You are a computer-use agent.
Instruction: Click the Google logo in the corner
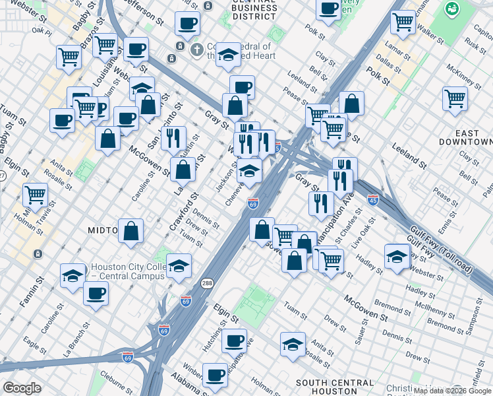tap(22, 387)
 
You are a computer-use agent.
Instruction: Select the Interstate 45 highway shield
tap(372, 199)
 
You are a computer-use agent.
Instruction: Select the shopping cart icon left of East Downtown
tap(455, 98)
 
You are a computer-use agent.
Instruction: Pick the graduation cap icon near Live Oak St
tap(397, 256)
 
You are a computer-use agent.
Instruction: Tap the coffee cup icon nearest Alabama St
tap(215, 374)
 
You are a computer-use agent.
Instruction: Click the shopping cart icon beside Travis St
tap(35, 195)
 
